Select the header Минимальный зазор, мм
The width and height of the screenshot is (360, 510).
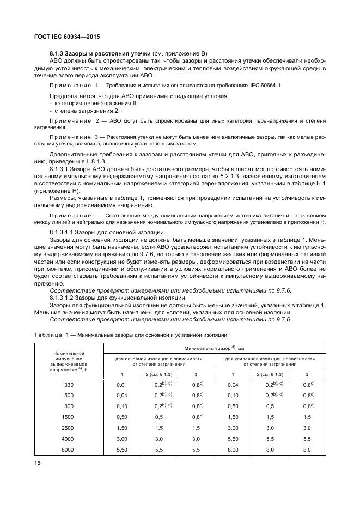(215, 348)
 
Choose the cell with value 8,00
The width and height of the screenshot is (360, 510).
(233, 450)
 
